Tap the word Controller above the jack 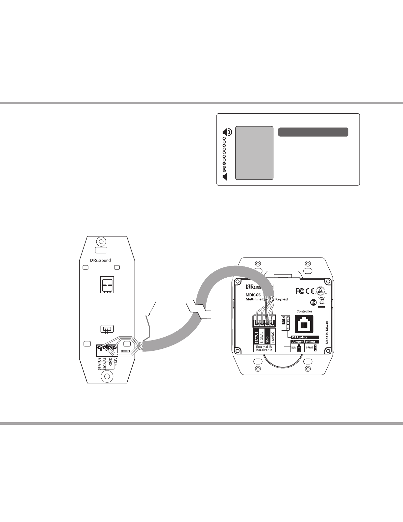click(304, 311)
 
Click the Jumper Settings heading click(303, 342)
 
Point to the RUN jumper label click(294, 347)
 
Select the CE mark click(310, 291)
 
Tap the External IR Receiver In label click(264, 348)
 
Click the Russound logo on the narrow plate click(101, 260)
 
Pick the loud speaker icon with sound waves click(227, 133)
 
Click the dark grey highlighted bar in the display click(313, 132)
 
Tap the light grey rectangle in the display click(254, 153)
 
